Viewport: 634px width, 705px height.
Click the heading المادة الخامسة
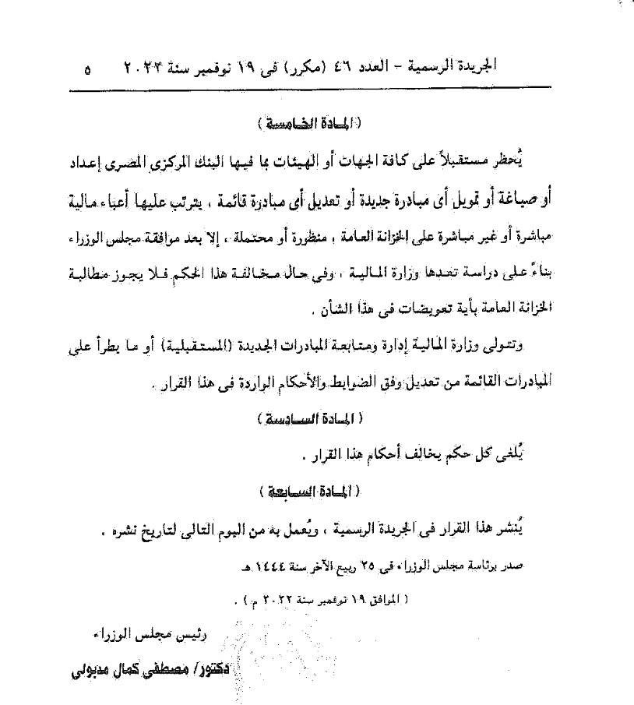point(314,124)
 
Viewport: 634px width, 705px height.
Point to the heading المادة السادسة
point(308,418)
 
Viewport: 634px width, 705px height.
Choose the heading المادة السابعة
point(308,492)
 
